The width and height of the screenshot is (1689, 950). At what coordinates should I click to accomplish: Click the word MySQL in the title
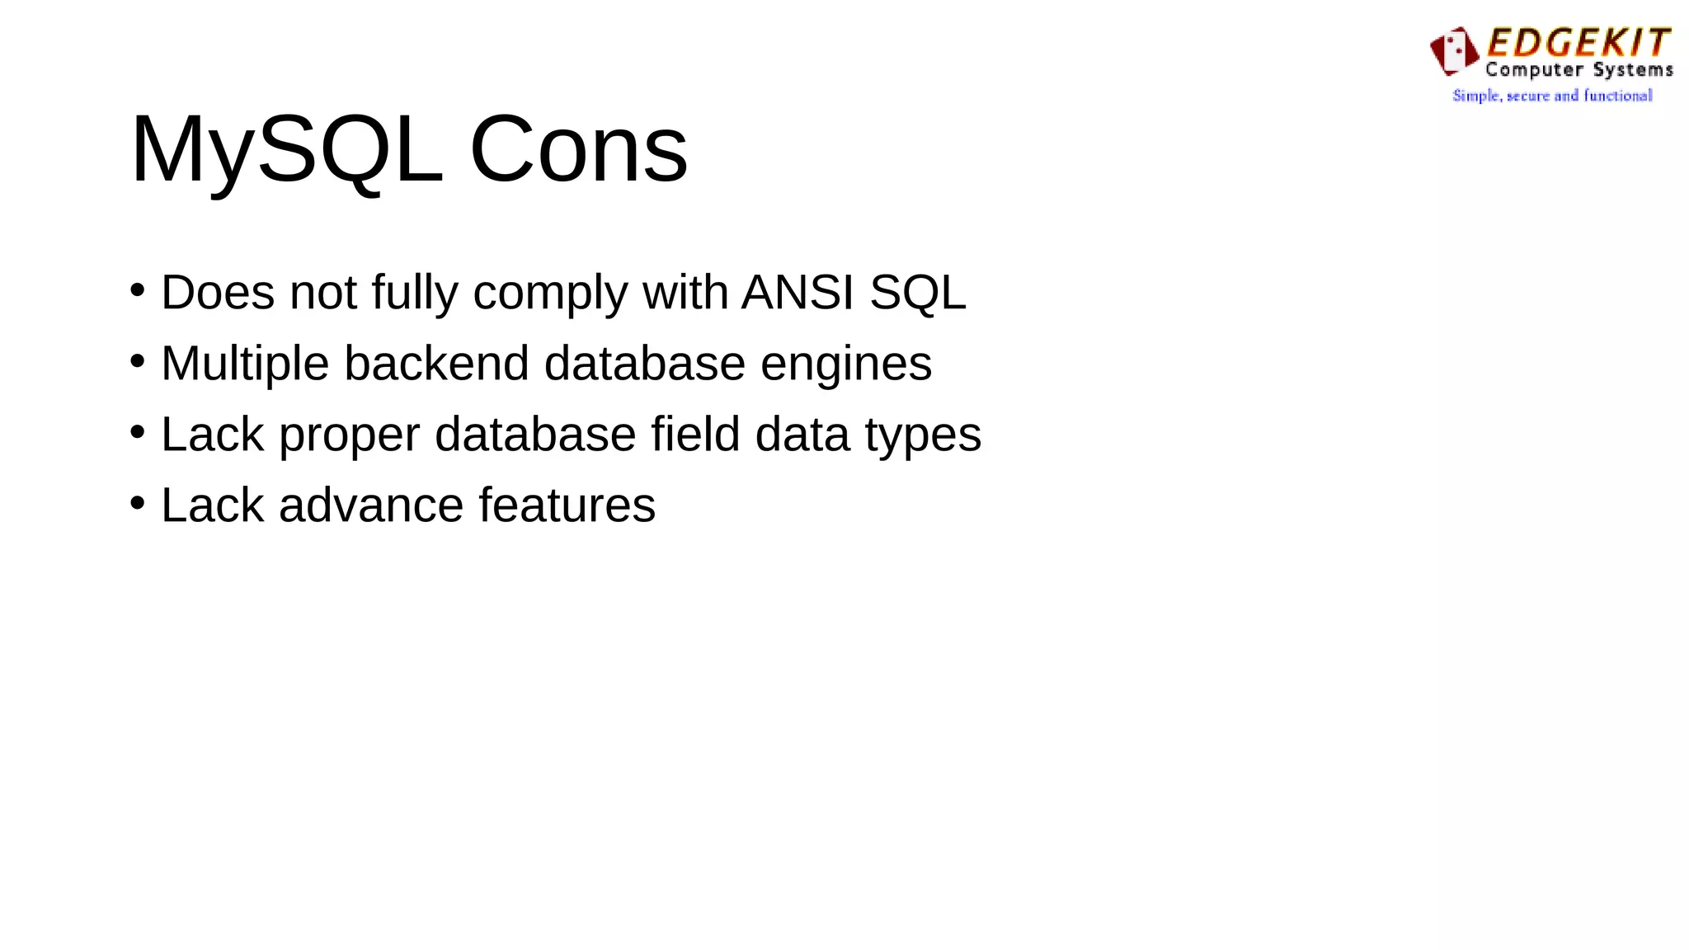pos(286,150)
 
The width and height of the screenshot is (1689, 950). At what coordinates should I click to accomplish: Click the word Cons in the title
pos(578,150)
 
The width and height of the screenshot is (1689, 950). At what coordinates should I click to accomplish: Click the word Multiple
pos(245,364)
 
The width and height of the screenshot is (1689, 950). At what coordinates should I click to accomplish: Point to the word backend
pos(436,364)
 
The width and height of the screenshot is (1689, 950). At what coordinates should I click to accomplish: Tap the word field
pos(695,434)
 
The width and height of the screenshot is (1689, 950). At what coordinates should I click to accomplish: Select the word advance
pos(371,506)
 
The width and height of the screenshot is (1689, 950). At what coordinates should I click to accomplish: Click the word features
pos(567,506)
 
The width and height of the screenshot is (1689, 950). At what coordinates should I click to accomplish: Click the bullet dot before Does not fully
pos(138,290)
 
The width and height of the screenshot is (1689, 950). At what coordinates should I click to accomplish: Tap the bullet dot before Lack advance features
pos(138,503)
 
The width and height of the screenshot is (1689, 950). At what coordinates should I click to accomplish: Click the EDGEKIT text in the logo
pos(1578,43)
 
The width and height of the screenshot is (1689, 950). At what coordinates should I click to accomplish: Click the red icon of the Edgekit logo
pos(1454,51)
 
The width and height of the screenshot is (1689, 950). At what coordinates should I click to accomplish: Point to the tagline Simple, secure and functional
pos(1552,96)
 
